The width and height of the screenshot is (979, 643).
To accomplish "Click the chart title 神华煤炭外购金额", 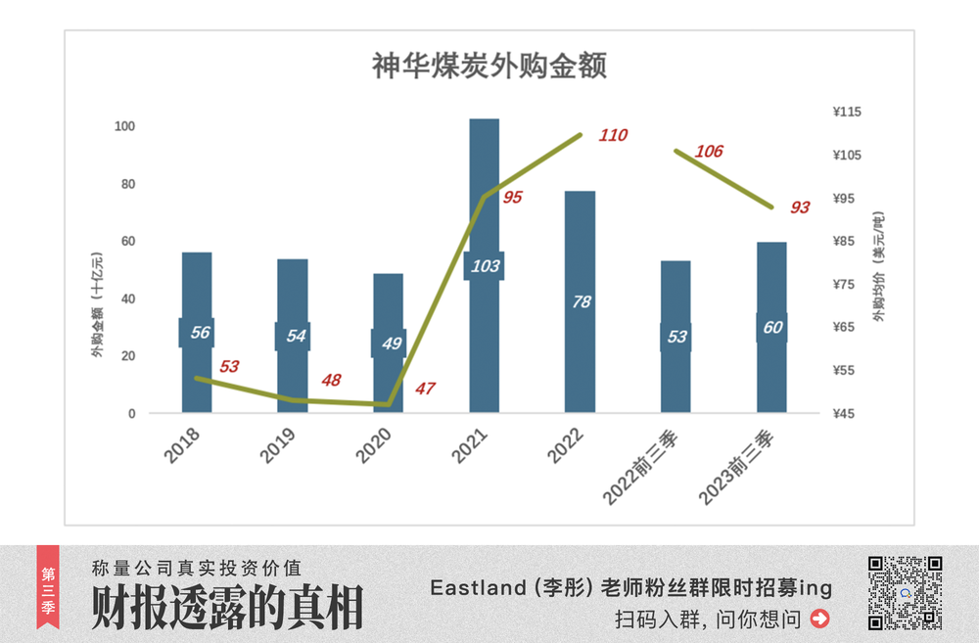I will coord(489,67).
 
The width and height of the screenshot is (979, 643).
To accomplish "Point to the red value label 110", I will coord(613,135).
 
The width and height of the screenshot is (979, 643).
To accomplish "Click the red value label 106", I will coord(709,152).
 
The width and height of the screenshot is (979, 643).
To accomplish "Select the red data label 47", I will coord(425,389).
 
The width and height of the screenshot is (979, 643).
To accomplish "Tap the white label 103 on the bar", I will coord(485,266).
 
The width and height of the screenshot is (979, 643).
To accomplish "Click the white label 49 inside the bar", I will coord(389,344).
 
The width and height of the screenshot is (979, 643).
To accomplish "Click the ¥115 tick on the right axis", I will coord(847,113).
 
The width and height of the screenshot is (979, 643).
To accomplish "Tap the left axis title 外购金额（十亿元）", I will coord(97,303).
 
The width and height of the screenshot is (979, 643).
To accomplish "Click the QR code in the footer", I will coord(906,592).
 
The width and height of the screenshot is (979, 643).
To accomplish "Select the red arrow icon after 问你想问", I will coord(820,619).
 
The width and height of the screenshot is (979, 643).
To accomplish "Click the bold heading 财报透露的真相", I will coord(227,607).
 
